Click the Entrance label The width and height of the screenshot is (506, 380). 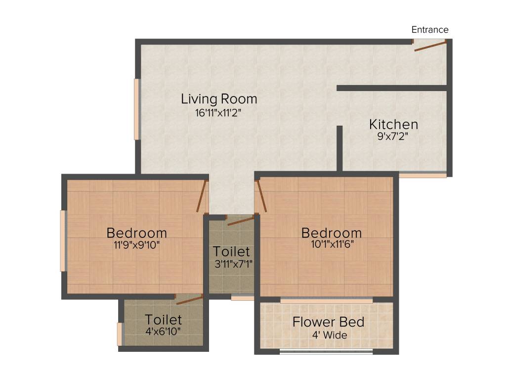click(430, 30)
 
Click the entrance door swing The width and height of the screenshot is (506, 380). click(430, 46)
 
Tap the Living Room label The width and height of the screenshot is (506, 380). click(219, 98)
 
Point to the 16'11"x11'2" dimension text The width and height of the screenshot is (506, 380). click(218, 113)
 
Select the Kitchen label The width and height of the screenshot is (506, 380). click(394, 124)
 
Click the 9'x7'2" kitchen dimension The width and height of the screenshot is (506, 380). click(393, 137)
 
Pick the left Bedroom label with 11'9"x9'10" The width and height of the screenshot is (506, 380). click(137, 233)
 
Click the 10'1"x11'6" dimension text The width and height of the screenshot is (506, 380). click(331, 244)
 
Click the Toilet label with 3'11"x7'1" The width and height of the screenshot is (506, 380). click(231, 251)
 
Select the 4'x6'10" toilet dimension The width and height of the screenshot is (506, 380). click(163, 332)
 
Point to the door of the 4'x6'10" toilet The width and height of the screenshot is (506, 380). click(190, 299)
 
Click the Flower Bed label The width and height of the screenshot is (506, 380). click(328, 322)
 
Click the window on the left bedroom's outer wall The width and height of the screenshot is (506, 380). click(63, 240)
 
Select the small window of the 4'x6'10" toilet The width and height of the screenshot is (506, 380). click(120, 334)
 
